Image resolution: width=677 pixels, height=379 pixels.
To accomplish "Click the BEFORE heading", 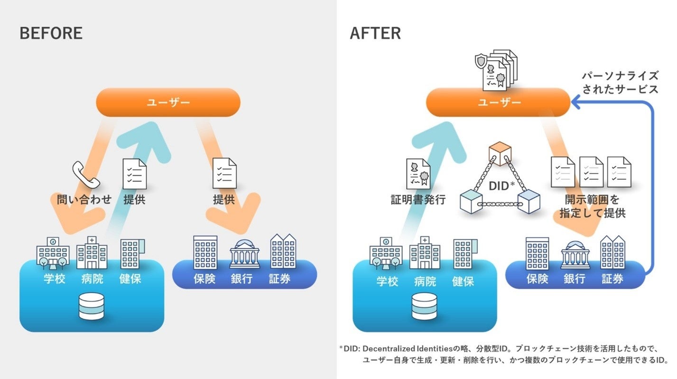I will (51, 33).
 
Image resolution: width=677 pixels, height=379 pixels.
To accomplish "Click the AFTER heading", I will (375, 33).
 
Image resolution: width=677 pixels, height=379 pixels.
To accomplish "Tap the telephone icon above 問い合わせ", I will (85, 175).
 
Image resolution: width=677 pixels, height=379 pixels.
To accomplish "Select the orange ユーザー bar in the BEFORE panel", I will (168, 102).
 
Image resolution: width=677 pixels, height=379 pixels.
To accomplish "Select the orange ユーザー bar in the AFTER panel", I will (498, 102).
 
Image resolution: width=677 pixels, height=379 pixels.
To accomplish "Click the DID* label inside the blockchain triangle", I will (501, 186).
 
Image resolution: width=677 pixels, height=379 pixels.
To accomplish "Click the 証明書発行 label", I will (418, 200).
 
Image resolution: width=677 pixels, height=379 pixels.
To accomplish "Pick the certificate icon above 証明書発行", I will (418, 174).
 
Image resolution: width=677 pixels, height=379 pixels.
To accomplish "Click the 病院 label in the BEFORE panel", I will (92, 279).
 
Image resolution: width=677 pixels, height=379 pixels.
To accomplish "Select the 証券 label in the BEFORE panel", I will (280, 279).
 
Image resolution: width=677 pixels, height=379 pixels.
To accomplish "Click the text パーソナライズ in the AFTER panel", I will (620, 76).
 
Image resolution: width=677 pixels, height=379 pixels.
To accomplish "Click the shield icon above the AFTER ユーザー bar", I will (481, 61).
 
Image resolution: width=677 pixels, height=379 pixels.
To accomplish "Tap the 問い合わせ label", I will (84, 199).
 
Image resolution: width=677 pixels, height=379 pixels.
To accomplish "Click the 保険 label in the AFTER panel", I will (537, 279).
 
